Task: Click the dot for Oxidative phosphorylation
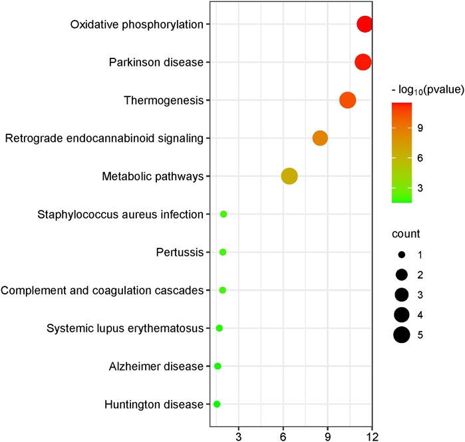click(x=365, y=25)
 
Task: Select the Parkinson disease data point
click(x=363, y=62)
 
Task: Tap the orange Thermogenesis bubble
click(x=347, y=100)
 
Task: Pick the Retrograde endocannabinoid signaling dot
click(x=320, y=138)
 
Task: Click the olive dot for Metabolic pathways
click(x=289, y=176)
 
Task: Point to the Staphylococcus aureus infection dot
click(x=224, y=214)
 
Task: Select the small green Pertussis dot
click(x=223, y=252)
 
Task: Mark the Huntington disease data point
click(x=216, y=404)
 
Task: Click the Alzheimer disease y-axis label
click(x=156, y=366)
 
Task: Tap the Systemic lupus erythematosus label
click(x=124, y=328)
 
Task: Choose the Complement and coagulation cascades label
click(x=102, y=290)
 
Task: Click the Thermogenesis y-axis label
click(x=163, y=100)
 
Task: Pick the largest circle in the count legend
click(x=401, y=335)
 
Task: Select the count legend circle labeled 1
click(x=401, y=255)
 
